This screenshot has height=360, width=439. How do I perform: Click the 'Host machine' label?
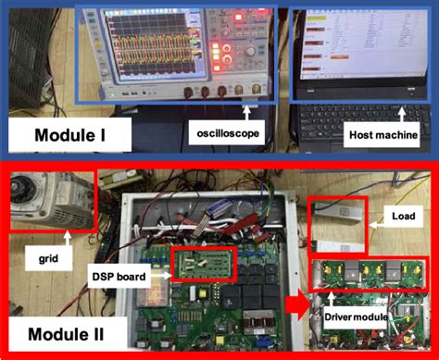click(379, 135)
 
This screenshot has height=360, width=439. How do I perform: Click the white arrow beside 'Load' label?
click(375, 218)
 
